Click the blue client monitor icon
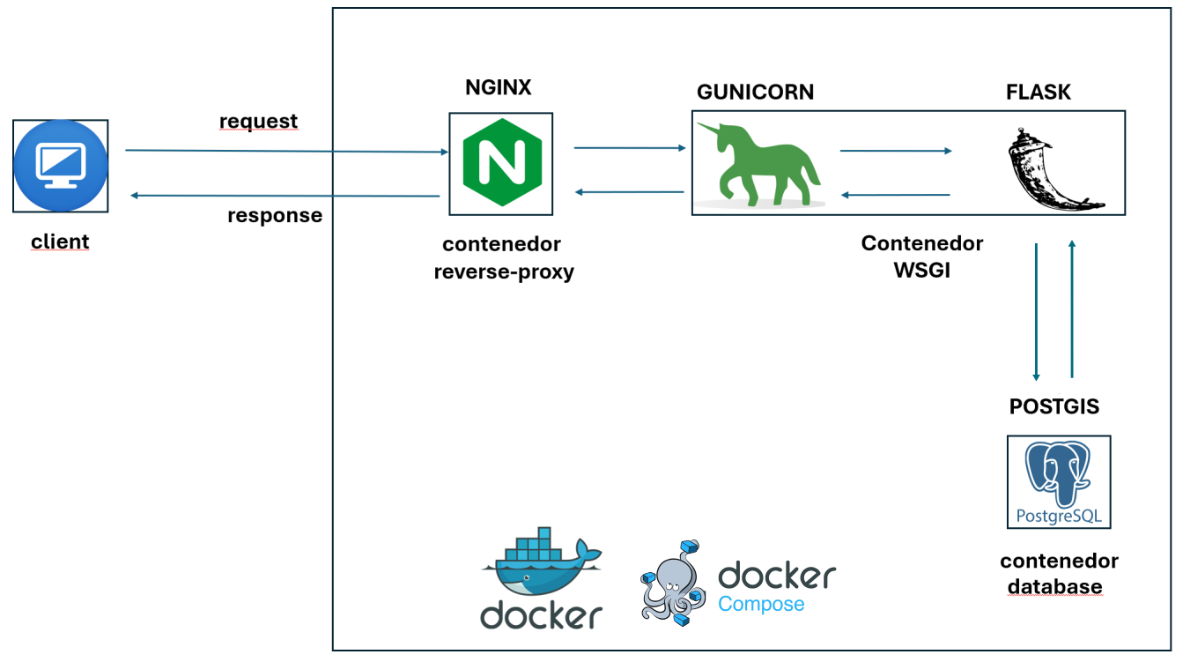[61, 166]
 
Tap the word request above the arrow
[258, 121]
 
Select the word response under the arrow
[274, 215]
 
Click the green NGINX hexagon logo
[500, 164]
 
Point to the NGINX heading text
[499, 87]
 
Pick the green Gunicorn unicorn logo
[758, 164]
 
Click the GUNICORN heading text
[755, 92]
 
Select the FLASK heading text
[1039, 92]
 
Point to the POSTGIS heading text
[1054, 406]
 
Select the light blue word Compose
[761, 604]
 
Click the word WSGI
[922, 270]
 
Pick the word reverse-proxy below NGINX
[503, 271]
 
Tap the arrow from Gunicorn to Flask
[896, 151]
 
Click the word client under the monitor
[60, 241]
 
